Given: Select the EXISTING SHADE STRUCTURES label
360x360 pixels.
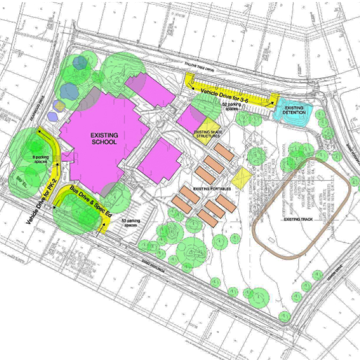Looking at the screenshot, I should click(207, 134).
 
